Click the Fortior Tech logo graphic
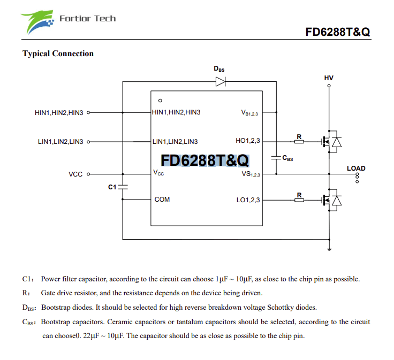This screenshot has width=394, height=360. pyautogui.click(x=39, y=22)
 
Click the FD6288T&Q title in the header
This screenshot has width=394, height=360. pyautogui.click(x=337, y=32)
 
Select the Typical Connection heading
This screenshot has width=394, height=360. pyautogui.click(x=58, y=53)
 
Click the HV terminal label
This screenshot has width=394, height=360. pyautogui.click(x=329, y=78)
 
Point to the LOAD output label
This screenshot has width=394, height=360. pyautogui.click(x=356, y=168)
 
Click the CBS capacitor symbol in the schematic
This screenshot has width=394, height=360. pyautogui.click(x=276, y=158)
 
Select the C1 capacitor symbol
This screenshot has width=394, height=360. pyautogui.click(x=123, y=187)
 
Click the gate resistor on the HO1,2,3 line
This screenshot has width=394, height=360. pyautogui.click(x=299, y=142)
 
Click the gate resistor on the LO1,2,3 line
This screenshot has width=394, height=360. pyautogui.click(x=299, y=200)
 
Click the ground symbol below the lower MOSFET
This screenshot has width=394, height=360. pyautogui.click(x=329, y=248)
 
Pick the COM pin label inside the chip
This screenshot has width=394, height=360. pyautogui.click(x=162, y=200)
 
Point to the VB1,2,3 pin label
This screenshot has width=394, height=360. pyautogui.click(x=250, y=113)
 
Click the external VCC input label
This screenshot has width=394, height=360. pyautogui.click(x=75, y=174)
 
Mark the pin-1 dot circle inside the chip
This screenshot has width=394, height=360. pyautogui.click(x=160, y=101)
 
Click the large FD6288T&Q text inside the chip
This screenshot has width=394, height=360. pyautogui.click(x=204, y=160)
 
